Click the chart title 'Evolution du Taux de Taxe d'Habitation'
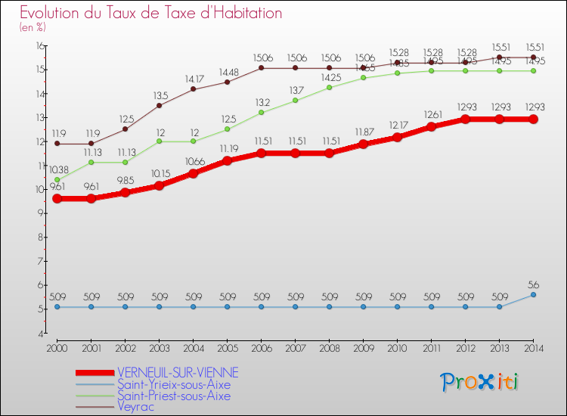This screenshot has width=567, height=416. (151, 14)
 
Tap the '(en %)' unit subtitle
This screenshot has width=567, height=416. (33, 27)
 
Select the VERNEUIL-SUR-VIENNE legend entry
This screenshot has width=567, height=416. (178, 372)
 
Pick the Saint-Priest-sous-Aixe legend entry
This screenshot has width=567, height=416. (174, 396)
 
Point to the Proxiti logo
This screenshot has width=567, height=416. (480, 382)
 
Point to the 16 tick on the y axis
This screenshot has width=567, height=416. (39, 46)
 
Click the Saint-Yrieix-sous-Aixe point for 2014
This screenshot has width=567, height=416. (533, 294)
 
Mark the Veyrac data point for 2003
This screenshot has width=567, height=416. (159, 105)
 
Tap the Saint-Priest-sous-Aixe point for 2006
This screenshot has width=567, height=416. (261, 113)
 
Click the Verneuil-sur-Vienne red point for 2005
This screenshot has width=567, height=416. (227, 160)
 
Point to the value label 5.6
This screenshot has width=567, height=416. (533, 284)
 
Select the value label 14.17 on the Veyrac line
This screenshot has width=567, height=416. (193, 79)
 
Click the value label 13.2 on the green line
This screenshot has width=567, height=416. (261, 102)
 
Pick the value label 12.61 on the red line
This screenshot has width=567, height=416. (431, 114)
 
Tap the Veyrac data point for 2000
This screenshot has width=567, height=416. (57, 144)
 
